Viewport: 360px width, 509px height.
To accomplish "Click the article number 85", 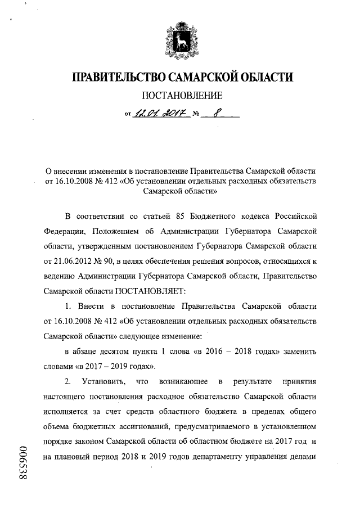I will [x=167, y=217].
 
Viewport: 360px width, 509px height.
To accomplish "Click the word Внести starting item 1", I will [x=90, y=307].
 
